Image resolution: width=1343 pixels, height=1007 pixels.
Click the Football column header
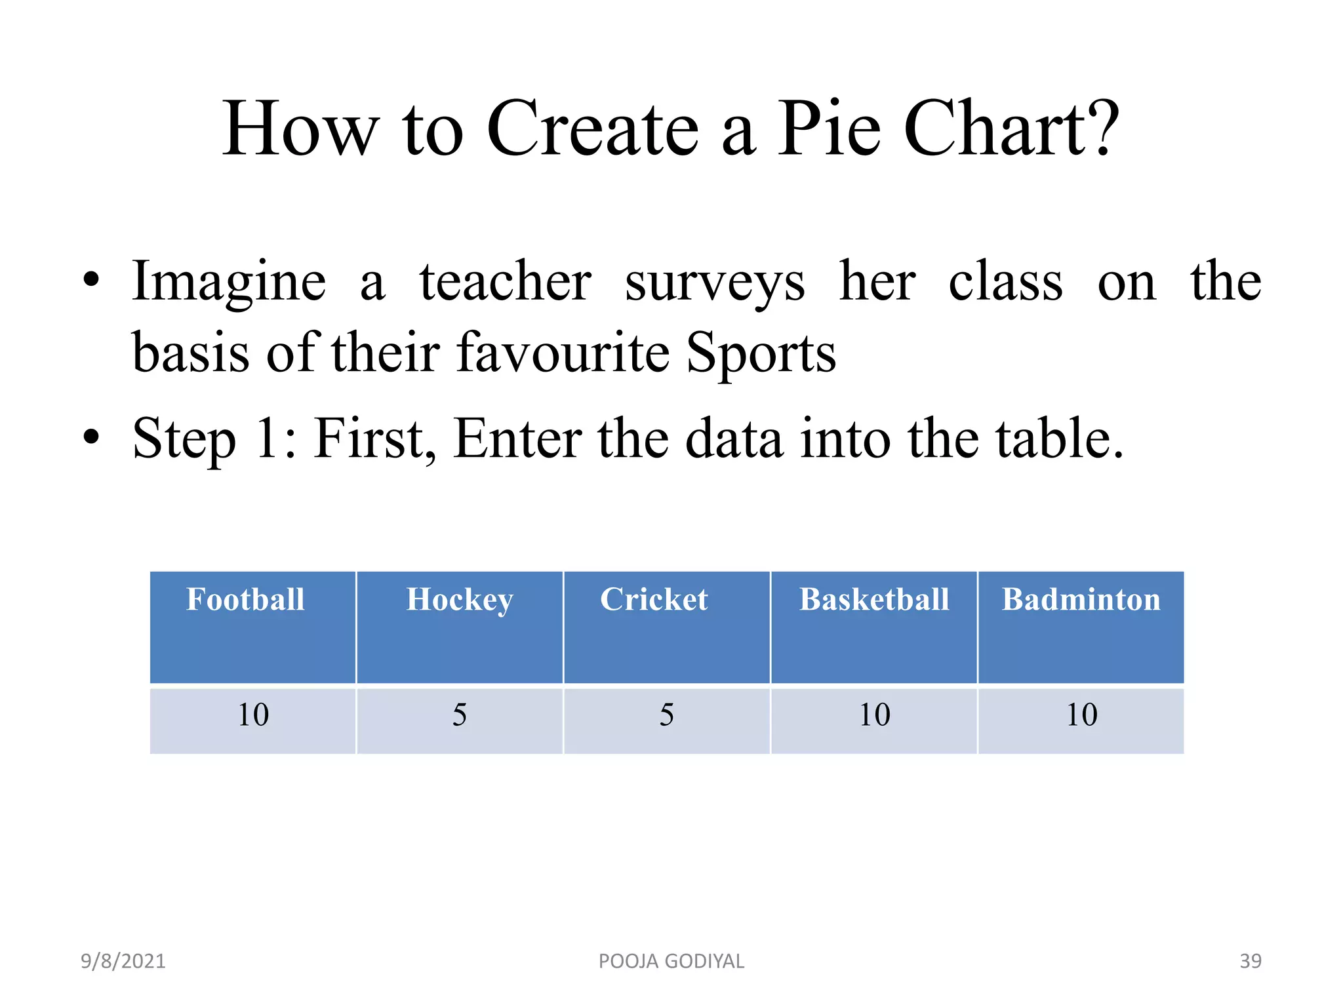pos(246,599)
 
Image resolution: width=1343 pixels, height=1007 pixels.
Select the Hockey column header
pos(459,599)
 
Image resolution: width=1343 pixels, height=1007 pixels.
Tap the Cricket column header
pos(654,599)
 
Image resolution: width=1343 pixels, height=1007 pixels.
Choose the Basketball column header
pos(874,599)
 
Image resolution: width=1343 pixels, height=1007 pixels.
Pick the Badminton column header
pos(1081,599)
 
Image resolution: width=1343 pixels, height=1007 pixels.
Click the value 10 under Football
pos(253,715)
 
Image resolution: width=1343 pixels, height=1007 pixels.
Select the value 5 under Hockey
pos(460,715)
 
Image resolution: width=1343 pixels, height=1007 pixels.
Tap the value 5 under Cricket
pos(667,715)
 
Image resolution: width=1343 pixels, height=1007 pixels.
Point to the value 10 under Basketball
pos(875,715)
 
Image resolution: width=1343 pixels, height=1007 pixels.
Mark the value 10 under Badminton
pos(1082,715)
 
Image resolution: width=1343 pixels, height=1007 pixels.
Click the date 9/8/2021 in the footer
pos(123,961)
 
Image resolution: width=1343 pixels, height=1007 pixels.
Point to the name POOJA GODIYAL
pos(671,961)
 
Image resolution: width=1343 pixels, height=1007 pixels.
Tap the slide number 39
pos(1251,961)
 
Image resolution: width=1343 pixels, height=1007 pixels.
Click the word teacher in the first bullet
pos(505,282)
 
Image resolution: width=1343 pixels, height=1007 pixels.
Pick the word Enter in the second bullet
pos(517,439)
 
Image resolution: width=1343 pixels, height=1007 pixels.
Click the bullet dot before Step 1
pos(91,436)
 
